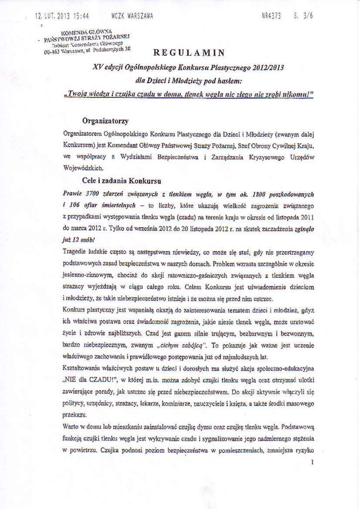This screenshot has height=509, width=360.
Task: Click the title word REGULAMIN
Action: [x=189, y=53]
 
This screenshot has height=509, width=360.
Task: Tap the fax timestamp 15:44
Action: [x=80, y=16]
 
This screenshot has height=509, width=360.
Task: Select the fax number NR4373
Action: [x=271, y=15]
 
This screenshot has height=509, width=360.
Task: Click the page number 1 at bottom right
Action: [x=312, y=462]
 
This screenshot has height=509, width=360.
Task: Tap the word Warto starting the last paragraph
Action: [x=73, y=427]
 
